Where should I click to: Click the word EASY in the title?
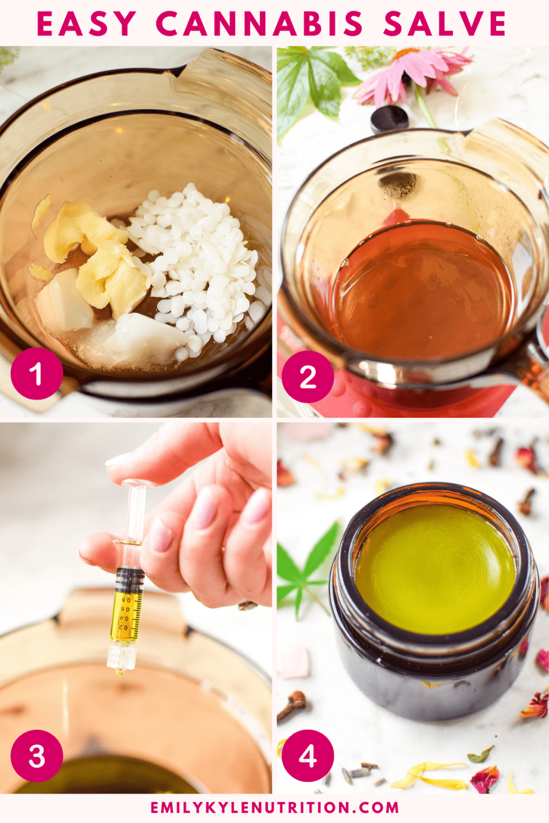(x=86, y=24)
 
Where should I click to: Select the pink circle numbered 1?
(x=36, y=373)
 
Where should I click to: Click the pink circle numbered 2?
(x=308, y=377)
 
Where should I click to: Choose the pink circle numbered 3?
(x=36, y=755)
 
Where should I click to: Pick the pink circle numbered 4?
(x=308, y=755)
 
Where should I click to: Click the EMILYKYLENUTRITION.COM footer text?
(x=274, y=807)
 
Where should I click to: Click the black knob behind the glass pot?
(x=389, y=118)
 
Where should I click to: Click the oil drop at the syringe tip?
(x=121, y=670)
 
